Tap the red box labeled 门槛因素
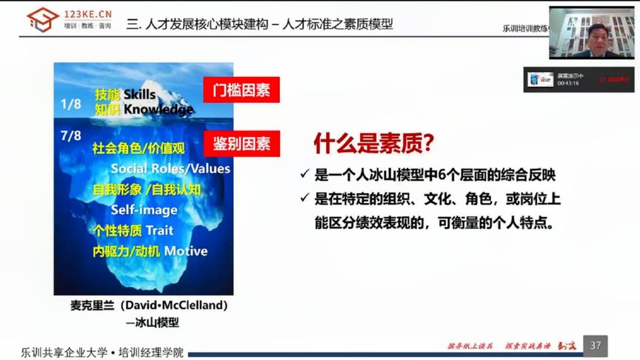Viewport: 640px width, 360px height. click(x=241, y=90)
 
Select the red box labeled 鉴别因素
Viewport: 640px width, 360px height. click(x=241, y=142)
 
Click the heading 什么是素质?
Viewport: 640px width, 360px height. click(x=373, y=141)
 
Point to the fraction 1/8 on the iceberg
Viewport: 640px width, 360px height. click(x=72, y=104)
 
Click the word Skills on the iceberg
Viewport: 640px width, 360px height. click(x=140, y=94)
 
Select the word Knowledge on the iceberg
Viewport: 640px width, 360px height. click(x=159, y=110)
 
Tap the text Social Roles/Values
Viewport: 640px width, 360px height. click(x=170, y=168)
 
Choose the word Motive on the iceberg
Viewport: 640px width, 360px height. click(x=186, y=251)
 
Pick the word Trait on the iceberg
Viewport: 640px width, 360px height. click(x=159, y=230)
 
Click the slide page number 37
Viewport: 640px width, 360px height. click(x=595, y=345)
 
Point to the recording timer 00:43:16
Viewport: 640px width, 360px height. click(x=568, y=83)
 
